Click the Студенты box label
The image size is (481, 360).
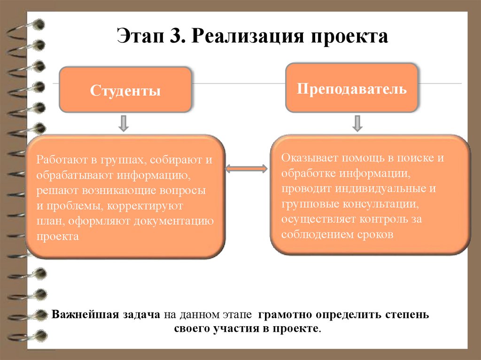[125, 90]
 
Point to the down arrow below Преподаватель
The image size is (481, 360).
[357, 123]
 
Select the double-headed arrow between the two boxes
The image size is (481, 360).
[247, 168]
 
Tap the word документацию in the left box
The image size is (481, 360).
[184, 221]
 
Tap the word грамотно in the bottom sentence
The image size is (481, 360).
[288, 314]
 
